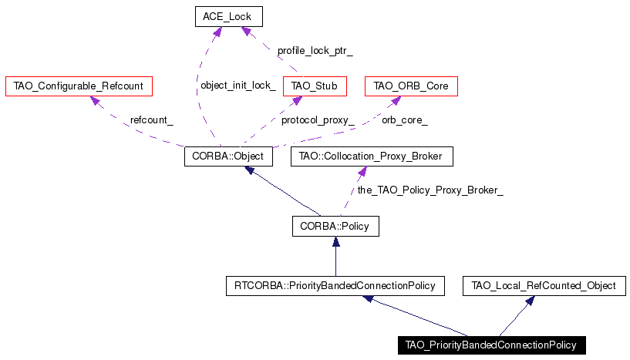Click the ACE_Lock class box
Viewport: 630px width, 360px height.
pyautogui.click(x=229, y=17)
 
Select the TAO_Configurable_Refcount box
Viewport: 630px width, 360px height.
pyautogui.click(x=79, y=86)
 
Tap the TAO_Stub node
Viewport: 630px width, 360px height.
pyautogui.click(x=315, y=86)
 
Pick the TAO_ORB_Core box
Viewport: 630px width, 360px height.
pyautogui.click(x=411, y=86)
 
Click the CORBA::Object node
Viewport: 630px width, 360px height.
pyautogui.click(x=228, y=156)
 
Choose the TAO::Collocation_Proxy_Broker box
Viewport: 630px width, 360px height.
pyautogui.click(x=372, y=156)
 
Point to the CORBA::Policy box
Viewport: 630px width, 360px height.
pyautogui.click(x=335, y=226)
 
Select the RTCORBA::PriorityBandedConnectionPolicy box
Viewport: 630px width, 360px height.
pyautogui.click(x=335, y=286)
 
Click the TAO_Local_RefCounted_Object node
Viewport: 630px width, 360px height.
pyautogui.click(x=544, y=286)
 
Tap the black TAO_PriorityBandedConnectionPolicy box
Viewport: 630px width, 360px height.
pyautogui.click(x=492, y=345)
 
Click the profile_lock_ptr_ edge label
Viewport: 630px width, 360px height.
pyautogui.click(x=315, y=51)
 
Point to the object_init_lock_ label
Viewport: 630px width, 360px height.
pyautogui.click(x=238, y=85)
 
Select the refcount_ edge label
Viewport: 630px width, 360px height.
pyautogui.click(x=151, y=120)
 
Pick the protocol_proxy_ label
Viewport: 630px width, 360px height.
pyautogui.click(x=318, y=120)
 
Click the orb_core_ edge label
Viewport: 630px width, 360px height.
pyautogui.click(x=405, y=120)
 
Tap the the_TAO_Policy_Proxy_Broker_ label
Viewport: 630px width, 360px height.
pyautogui.click(x=430, y=190)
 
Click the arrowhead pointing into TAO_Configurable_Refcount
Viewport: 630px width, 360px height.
pyautogui.click(x=95, y=100)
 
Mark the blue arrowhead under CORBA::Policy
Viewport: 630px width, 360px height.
pyautogui.click(x=336, y=241)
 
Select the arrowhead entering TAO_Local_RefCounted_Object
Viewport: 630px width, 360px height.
pyautogui.click(x=530, y=301)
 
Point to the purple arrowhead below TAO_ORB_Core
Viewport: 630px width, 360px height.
pyautogui.click(x=396, y=101)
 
